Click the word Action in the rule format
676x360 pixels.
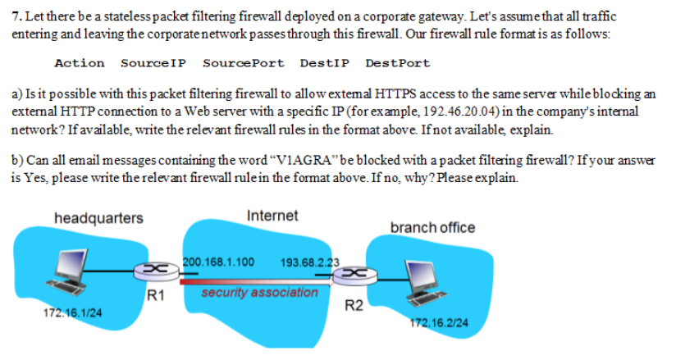(x=79, y=63)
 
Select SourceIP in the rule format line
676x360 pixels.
(x=153, y=63)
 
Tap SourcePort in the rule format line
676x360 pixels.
(x=243, y=63)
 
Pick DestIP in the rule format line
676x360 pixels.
(x=324, y=63)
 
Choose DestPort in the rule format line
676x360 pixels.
(x=397, y=63)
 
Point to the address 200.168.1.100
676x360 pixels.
(x=217, y=262)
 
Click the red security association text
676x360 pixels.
(x=259, y=292)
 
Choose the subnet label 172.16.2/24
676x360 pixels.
(x=439, y=323)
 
